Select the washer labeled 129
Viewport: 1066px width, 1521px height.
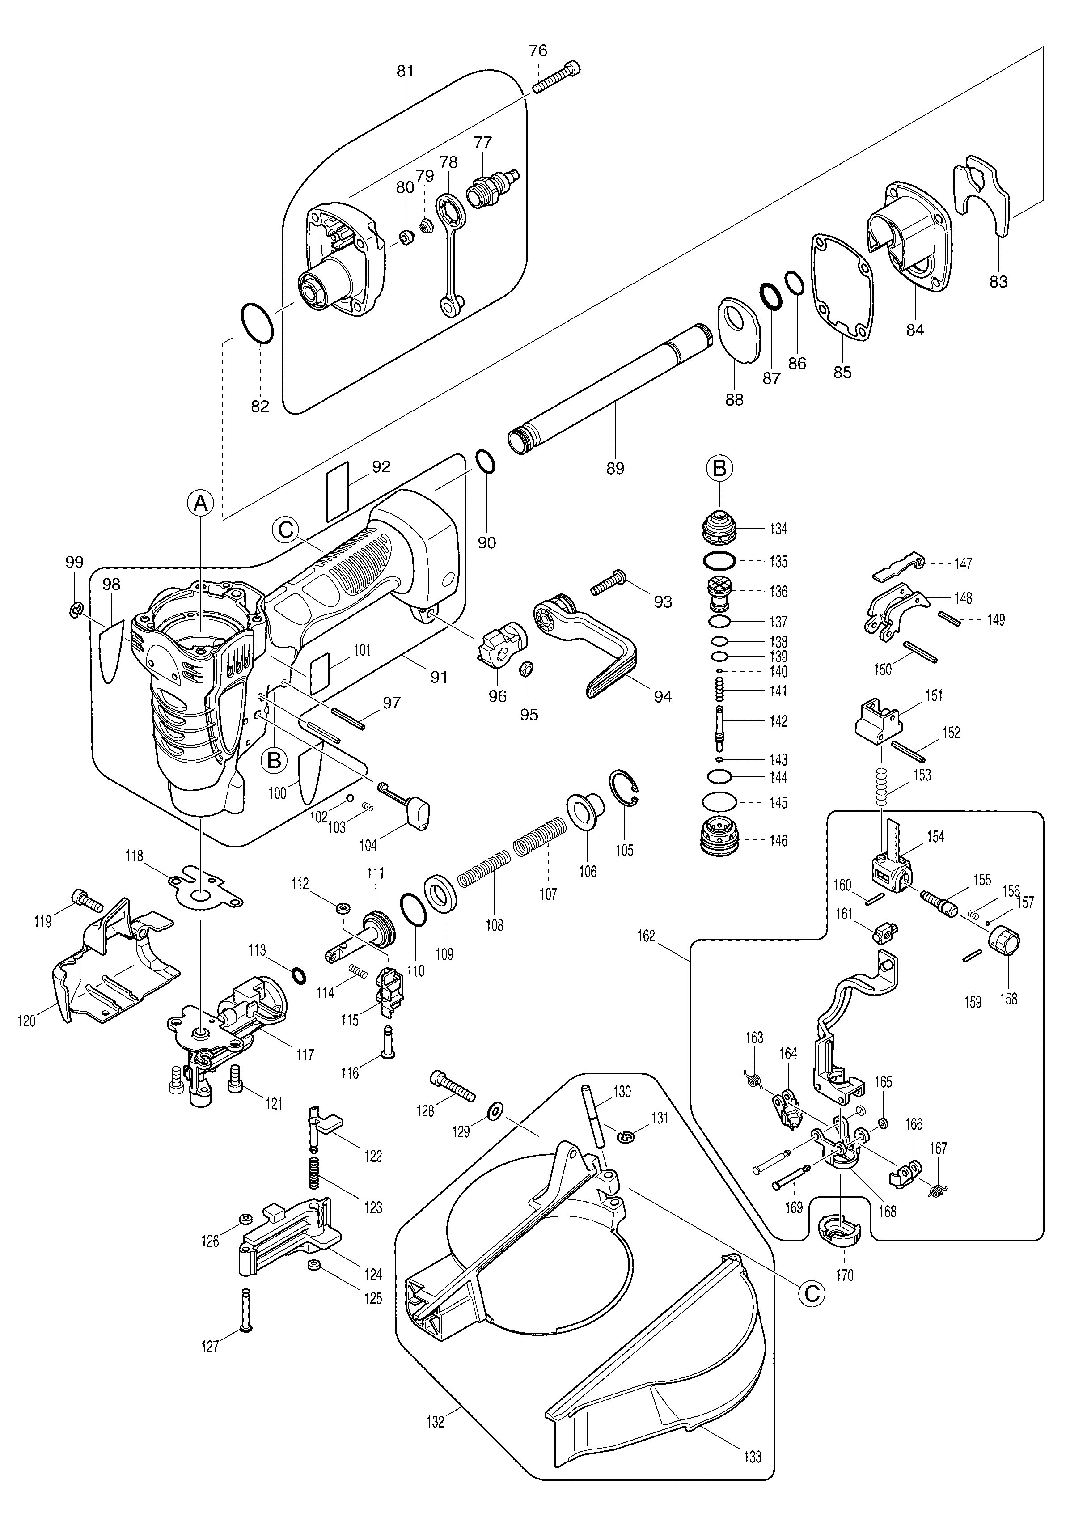pyautogui.click(x=494, y=1110)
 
